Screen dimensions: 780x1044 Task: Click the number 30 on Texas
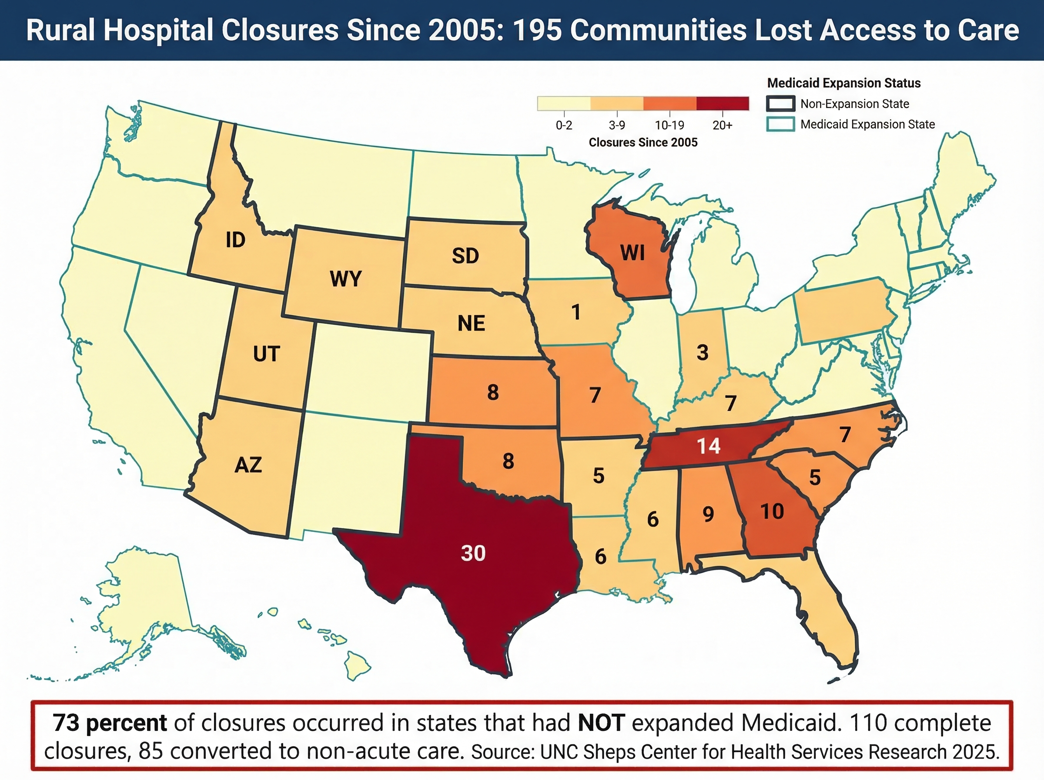[x=473, y=553]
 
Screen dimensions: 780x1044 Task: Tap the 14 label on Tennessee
[x=709, y=446]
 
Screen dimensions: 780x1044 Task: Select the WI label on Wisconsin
[x=632, y=253]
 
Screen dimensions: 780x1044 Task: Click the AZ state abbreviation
[x=248, y=465]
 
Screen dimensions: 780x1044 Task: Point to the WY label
[x=345, y=279]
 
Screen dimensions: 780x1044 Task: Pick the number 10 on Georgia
[x=772, y=511]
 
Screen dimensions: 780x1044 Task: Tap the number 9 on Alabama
[x=708, y=514]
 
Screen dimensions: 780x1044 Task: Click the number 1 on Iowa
[x=576, y=312]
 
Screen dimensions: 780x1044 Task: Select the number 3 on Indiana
[x=703, y=352]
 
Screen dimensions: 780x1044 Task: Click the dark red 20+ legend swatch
[x=722, y=104]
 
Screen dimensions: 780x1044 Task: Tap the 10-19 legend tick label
[x=669, y=125]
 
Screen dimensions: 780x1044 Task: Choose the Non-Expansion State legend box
[x=780, y=104]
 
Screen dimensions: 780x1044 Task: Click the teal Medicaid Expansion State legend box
[x=780, y=124]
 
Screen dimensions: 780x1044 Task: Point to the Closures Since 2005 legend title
[x=642, y=143]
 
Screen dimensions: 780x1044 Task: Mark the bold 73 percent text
[x=110, y=723]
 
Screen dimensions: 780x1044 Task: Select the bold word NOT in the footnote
[x=601, y=723]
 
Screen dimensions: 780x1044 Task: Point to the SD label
[x=465, y=256]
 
